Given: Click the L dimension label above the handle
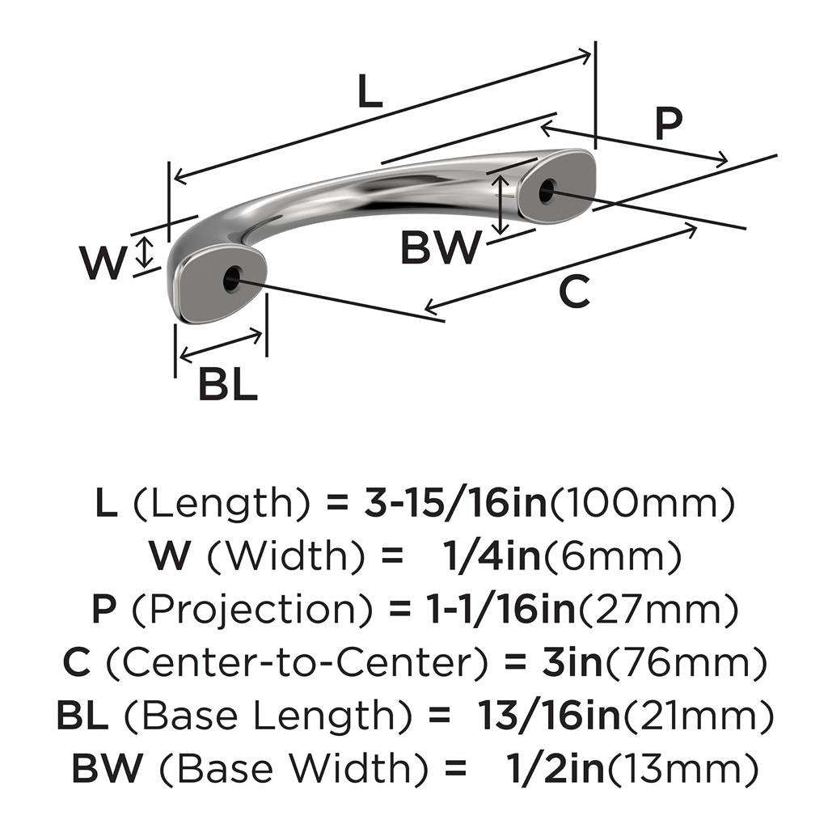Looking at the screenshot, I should tap(370, 94).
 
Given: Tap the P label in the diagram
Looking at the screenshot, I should tap(668, 125).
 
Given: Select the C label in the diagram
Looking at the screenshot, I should tap(575, 292).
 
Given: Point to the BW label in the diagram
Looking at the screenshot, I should tap(441, 248).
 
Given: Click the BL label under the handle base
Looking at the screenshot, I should tap(228, 386).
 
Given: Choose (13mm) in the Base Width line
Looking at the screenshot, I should tap(683, 767).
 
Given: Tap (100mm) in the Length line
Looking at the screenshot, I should tap(642, 505).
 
